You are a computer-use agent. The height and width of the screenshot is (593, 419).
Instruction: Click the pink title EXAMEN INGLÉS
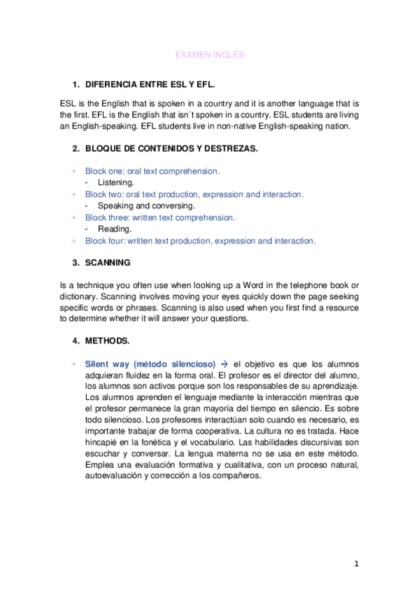tap(209, 54)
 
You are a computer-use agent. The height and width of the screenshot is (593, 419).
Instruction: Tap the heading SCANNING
tap(108, 263)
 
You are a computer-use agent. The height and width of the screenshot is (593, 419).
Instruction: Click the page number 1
tap(356, 564)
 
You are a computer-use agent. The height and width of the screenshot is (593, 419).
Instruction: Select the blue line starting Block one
tap(152, 171)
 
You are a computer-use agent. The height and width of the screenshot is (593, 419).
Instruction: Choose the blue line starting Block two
tap(194, 194)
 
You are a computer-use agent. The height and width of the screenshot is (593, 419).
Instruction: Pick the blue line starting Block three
tap(159, 217)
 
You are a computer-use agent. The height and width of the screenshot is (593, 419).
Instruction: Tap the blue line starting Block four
tap(200, 241)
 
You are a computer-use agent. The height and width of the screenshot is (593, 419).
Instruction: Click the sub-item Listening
tap(115, 182)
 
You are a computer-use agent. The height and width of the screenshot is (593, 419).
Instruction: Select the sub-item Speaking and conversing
tap(146, 206)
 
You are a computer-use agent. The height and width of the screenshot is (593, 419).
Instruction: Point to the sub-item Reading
tap(115, 229)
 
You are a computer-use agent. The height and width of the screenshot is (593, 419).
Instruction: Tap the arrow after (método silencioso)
tap(224, 364)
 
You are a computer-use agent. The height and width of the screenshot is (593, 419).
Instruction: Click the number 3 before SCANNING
tap(75, 263)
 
